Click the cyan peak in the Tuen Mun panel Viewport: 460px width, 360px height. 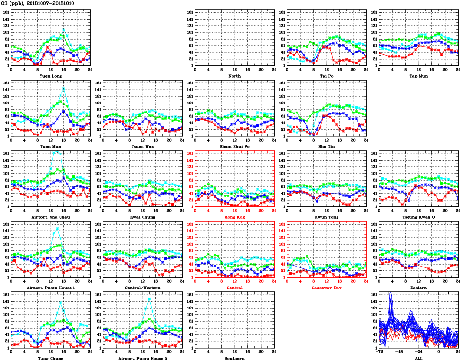pyautogui.click(x=64, y=88)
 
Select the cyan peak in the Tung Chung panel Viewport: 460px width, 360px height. pyautogui.click(x=61, y=302)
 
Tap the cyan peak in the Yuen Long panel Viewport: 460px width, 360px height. pyautogui.click(x=64, y=30)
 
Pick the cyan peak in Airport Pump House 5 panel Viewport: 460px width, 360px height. pyautogui.click(x=150, y=299)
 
